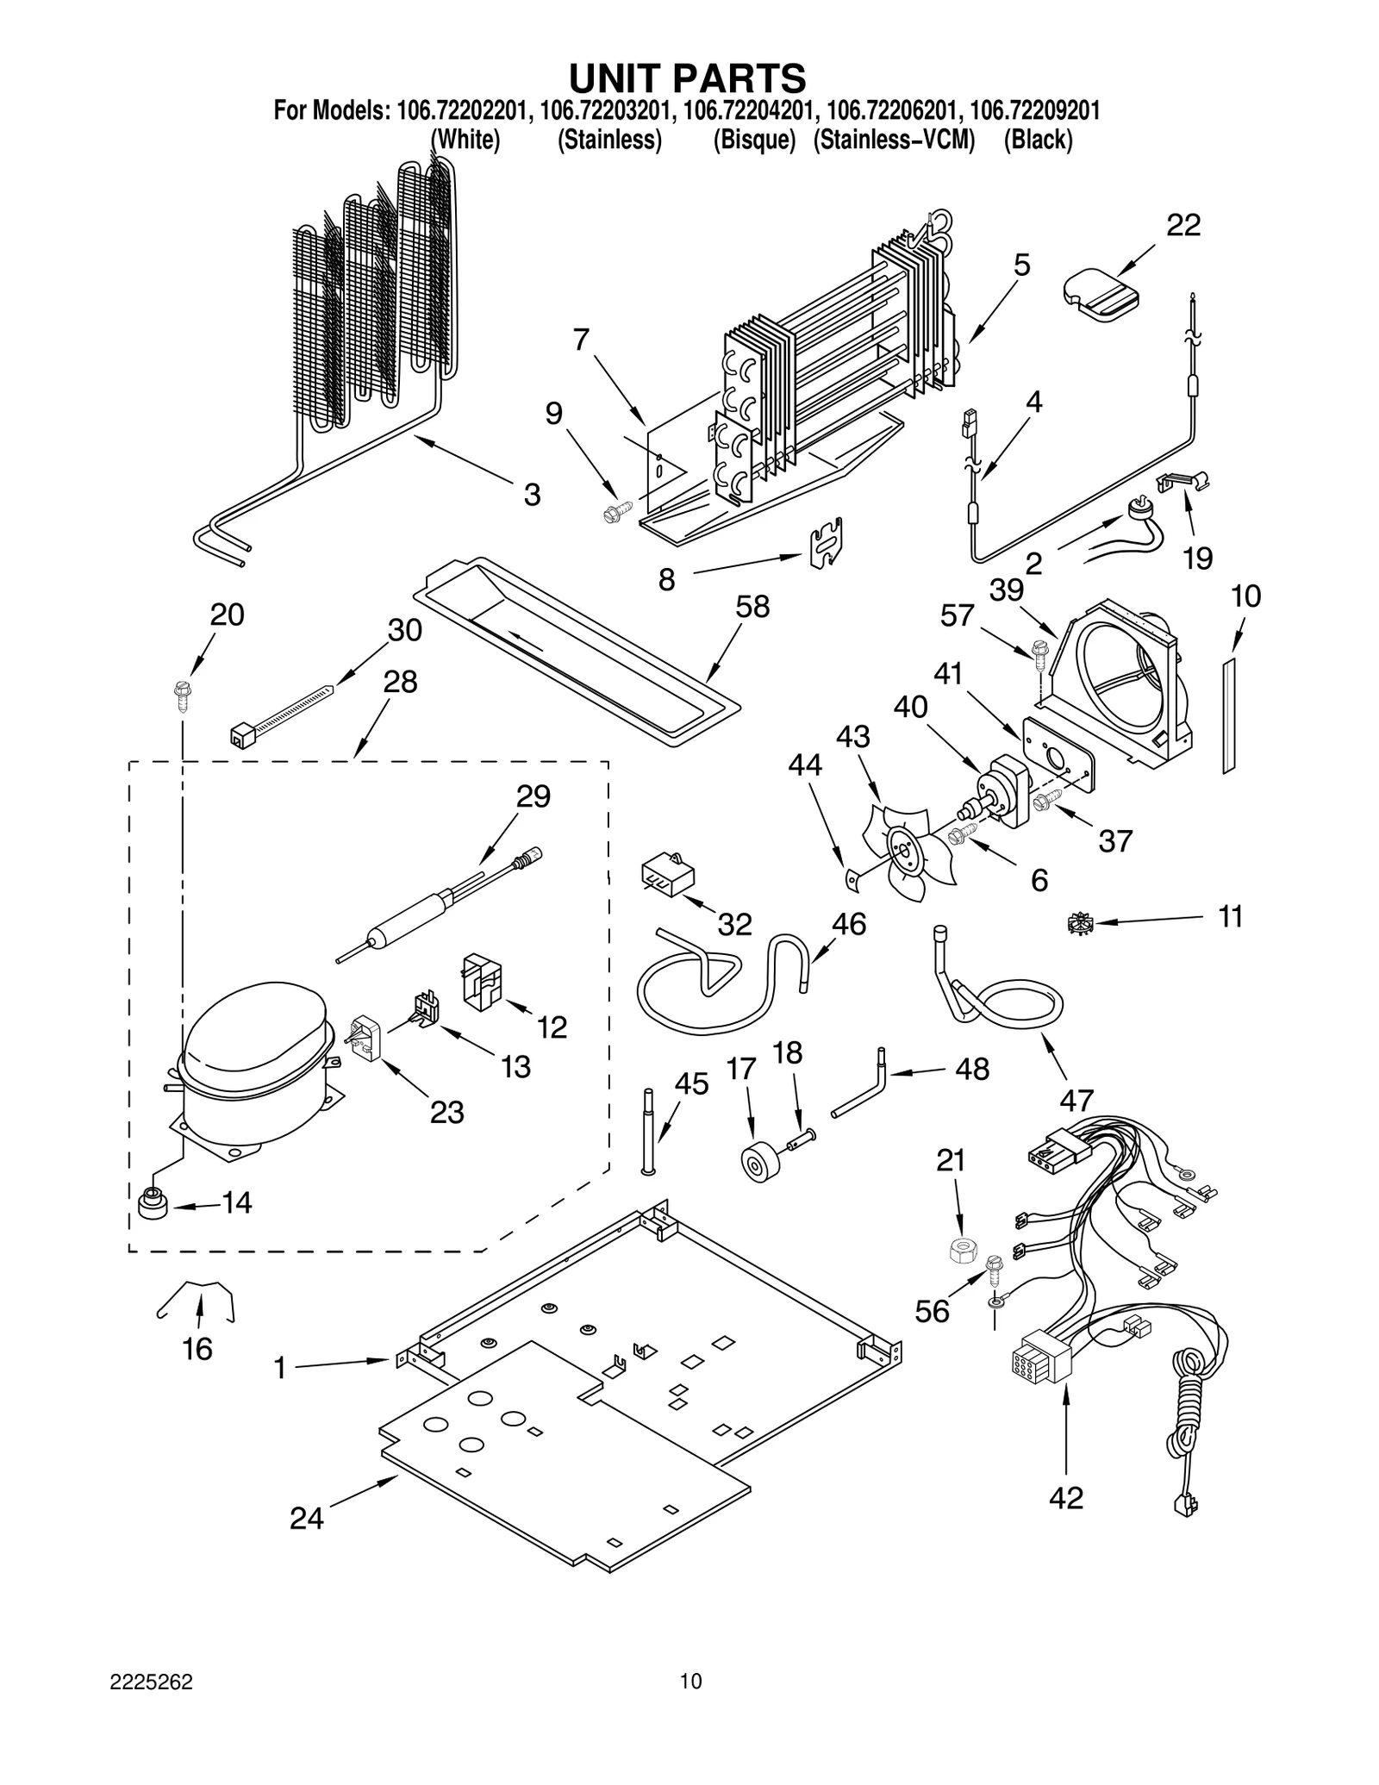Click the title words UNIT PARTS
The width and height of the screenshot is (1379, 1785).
pos(687,78)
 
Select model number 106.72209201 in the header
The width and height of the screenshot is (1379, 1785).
pos(1033,111)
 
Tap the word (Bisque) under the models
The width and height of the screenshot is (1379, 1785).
pos(754,140)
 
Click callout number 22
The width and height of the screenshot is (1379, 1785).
pos(1182,226)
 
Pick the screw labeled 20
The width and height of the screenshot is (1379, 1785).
pos(182,694)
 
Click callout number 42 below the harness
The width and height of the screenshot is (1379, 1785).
pos(1065,1498)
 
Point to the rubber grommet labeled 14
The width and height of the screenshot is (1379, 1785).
pos(153,1204)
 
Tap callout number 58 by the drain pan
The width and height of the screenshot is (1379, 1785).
pos(752,607)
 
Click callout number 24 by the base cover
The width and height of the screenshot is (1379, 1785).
pos(306,1519)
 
